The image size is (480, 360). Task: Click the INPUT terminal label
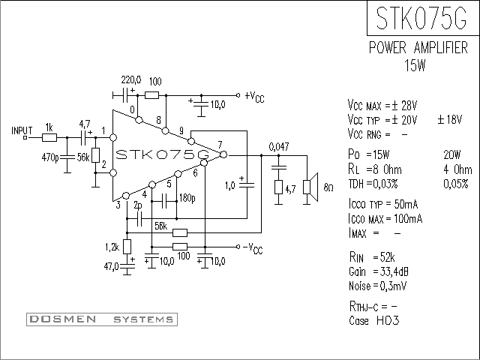22,130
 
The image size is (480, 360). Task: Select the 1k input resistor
49,138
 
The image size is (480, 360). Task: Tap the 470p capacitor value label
50,157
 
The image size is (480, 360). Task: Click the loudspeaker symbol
310,187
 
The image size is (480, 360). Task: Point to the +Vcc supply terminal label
254,97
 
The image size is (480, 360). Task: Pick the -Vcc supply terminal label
253,248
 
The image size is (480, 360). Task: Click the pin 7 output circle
223,154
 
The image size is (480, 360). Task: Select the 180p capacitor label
187,198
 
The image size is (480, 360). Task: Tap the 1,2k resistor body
127,247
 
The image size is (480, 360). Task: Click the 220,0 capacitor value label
131,80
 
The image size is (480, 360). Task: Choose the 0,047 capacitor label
279,147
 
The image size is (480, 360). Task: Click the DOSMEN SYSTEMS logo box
102,319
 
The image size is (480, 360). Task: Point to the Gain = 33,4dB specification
378,271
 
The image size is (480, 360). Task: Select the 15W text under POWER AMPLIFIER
415,65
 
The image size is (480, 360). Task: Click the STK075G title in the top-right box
421,18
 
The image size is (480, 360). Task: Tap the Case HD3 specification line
374,321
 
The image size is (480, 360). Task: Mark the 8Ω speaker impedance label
328,187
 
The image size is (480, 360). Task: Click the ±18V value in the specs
450,119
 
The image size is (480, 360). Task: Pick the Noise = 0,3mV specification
377,286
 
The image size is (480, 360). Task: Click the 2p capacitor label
138,205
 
